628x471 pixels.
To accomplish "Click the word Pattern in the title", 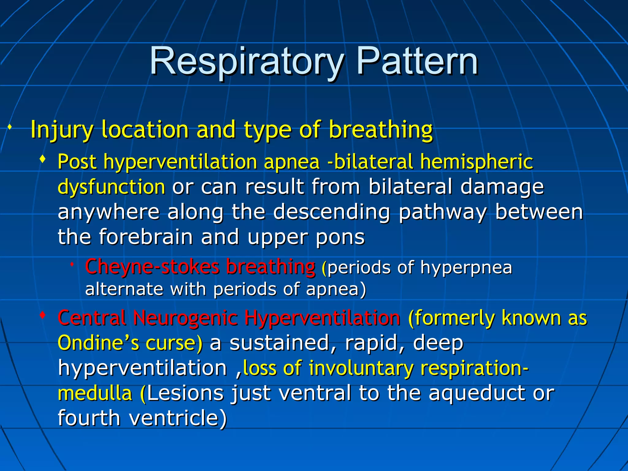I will [x=417, y=61].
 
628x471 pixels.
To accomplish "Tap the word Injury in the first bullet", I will [x=61, y=130].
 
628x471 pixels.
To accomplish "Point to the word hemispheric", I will [x=477, y=162].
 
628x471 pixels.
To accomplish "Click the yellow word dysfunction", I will [x=111, y=187].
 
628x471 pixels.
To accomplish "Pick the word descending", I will [x=331, y=212].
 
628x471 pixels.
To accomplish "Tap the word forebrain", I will [x=146, y=237].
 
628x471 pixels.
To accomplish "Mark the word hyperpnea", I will [x=466, y=267].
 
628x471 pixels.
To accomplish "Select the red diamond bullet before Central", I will [x=43, y=315].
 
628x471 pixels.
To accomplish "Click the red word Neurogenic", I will [x=185, y=318].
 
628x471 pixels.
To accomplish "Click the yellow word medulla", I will [x=95, y=393].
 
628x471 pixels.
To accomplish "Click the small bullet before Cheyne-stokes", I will [x=71, y=264].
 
